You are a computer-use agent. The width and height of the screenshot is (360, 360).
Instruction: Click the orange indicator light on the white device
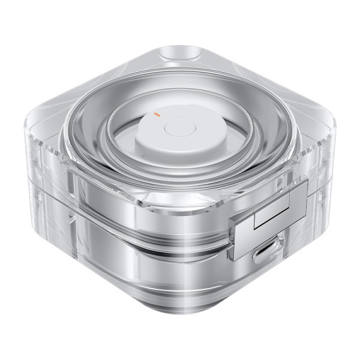(x=156, y=112)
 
